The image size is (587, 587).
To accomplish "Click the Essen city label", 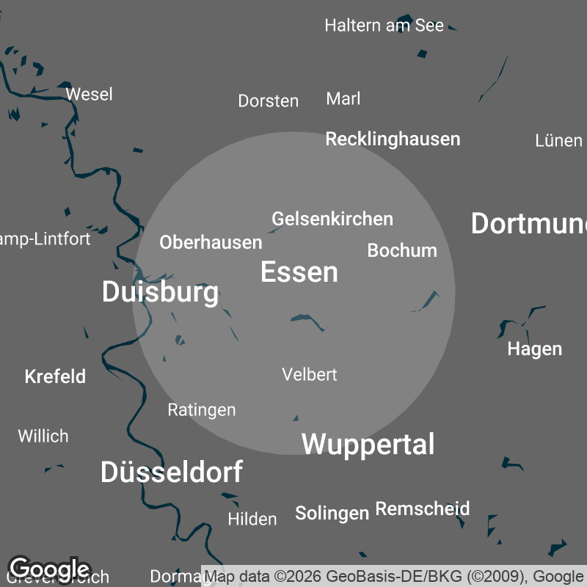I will point(299,272).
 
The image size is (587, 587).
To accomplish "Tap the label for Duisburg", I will point(160,292).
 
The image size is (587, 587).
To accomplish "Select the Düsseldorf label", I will point(172,473).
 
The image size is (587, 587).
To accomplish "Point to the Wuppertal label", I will point(368,444).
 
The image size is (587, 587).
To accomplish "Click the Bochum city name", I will point(402,250).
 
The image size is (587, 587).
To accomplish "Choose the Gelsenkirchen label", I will point(332,219).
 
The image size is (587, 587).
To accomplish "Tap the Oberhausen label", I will point(211,242).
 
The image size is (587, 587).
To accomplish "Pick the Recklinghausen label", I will point(393,139).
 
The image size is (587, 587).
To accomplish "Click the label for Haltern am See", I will point(384,26).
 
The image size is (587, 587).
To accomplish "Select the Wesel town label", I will point(89,94).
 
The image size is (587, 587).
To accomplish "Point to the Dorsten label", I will point(268,101).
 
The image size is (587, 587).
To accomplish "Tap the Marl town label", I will point(343,99).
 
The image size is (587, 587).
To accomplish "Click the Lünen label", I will point(558,140).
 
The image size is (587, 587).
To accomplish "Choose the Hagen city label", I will point(534,349).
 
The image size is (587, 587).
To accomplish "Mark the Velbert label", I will point(310,374).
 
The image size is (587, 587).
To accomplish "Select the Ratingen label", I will point(202,409).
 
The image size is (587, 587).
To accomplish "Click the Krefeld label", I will point(55,376).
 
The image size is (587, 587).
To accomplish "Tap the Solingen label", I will point(332,513).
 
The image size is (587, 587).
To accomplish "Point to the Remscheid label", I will point(423,508).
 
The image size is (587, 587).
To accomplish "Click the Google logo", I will point(48,569).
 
